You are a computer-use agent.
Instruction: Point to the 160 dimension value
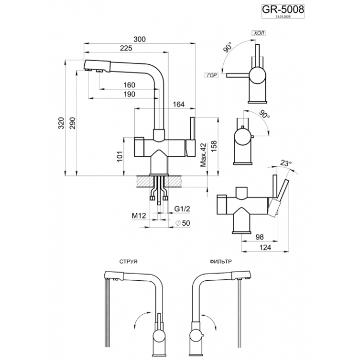pos(129,85)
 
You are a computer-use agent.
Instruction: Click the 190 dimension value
pos(129,94)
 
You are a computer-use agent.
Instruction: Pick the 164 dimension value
pos(178,105)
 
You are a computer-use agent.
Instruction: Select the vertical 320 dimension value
pos(62,123)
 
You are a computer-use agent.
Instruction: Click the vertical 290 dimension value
pos(73,123)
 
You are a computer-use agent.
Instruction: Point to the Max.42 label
pos(203,154)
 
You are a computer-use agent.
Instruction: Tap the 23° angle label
pos(286,164)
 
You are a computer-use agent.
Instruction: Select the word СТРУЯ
pos(128,262)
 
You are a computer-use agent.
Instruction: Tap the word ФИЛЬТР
pos(221,262)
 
